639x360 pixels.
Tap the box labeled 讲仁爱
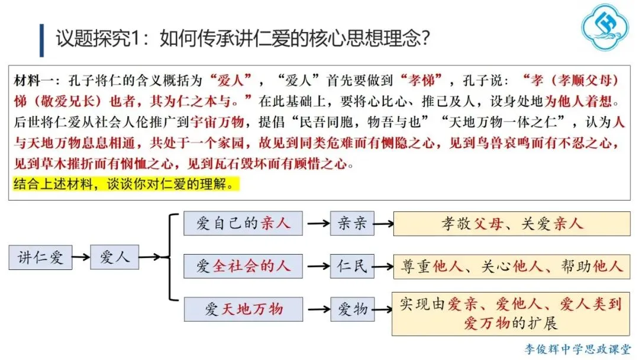click(40, 258)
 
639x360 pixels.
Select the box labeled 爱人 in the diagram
click(114, 257)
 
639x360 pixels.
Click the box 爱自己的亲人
click(243, 223)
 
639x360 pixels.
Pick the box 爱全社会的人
click(243, 266)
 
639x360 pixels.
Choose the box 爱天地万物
click(243, 309)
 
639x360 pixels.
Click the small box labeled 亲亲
click(352, 223)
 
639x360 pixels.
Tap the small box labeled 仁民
click(352, 266)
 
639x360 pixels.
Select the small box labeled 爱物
click(352, 309)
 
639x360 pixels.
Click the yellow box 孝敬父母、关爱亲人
click(512, 223)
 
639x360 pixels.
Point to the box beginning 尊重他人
click(512, 266)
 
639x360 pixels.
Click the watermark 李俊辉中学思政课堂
click(577, 349)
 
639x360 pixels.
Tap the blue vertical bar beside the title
click(41, 40)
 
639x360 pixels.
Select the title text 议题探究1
click(106, 40)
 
